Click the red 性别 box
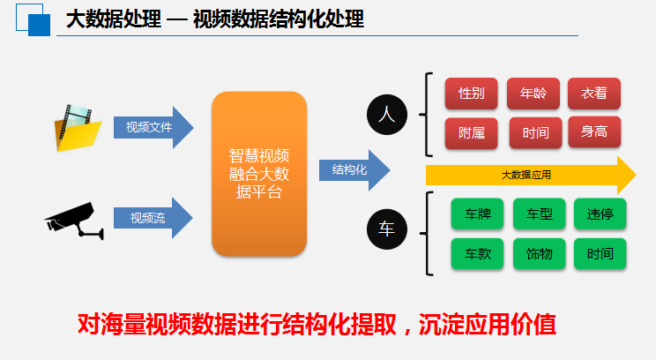pos(471,94)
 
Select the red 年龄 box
pos(533,94)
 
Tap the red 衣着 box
pos(594,94)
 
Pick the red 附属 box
pos(471,133)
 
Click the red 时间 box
pos(535,133)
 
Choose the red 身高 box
pos(594,131)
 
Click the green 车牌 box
pos(477,214)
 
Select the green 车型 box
pos(540,214)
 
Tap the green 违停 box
pos(600,214)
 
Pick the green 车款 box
pos(477,253)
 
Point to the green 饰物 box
pos(540,253)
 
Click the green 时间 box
pos(600,253)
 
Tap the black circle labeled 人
pos(387,115)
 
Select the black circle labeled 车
pos(387,229)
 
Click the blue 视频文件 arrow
pos(153,127)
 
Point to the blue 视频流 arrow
pos(153,218)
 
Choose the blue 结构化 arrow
pos(354,170)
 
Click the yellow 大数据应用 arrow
pos(531,175)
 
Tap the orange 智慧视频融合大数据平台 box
pos(259,174)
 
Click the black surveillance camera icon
pos(75,221)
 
